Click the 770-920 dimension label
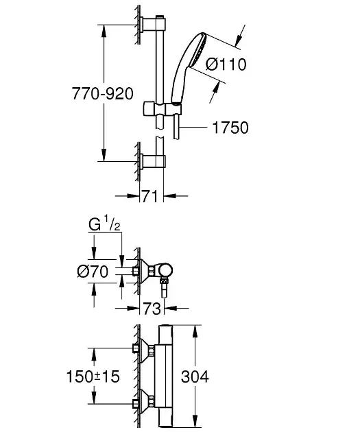click(x=102, y=93)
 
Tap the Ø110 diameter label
click(x=226, y=64)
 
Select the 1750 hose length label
click(x=230, y=128)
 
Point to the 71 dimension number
click(x=150, y=196)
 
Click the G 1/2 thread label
click(x=105, y=224)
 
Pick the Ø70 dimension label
click(x=93, y=272)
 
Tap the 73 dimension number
click(x=152, y=309)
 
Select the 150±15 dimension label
click(x=93, y=376)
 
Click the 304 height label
click(x=195, y=376)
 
